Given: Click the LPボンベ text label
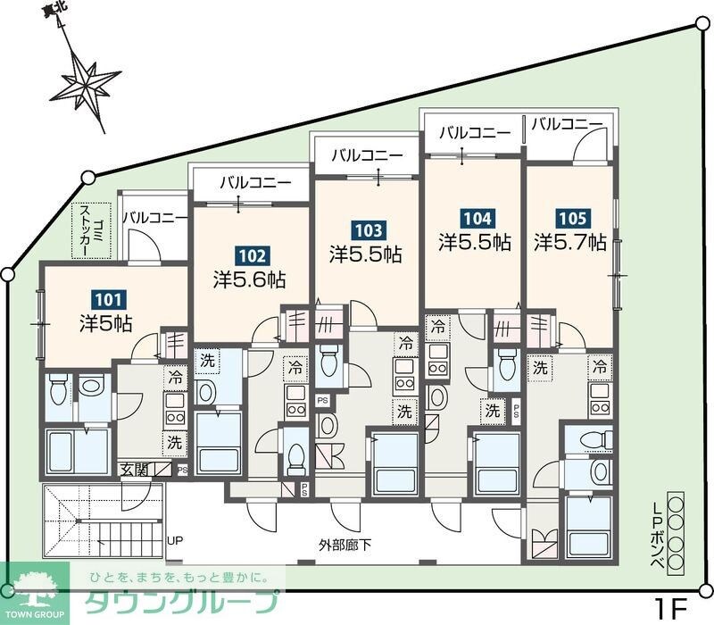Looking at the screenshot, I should [x=657, y=533].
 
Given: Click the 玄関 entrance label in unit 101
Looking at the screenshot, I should [x=134, y=470].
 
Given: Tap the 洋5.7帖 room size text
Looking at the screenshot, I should [x=570, y=242].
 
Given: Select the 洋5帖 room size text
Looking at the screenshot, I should [x=105, y=322].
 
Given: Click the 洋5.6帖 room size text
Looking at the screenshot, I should [x=249, y=279].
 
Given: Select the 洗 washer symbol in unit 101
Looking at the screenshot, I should [x=174, y=441].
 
